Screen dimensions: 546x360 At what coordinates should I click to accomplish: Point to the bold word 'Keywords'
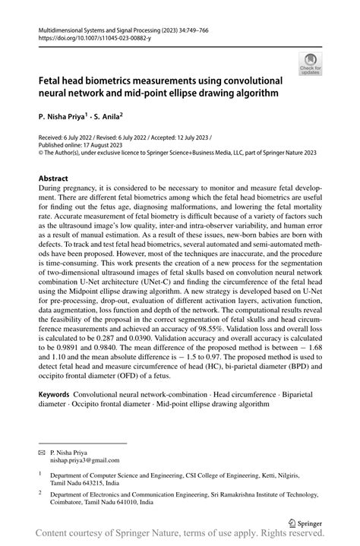pos(54,396)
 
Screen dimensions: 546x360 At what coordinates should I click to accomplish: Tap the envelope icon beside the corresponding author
pos(43,451)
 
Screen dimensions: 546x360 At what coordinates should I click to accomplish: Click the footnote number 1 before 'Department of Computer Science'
pos(40,472)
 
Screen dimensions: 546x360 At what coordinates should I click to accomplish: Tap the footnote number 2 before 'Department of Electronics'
pos(40,492)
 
